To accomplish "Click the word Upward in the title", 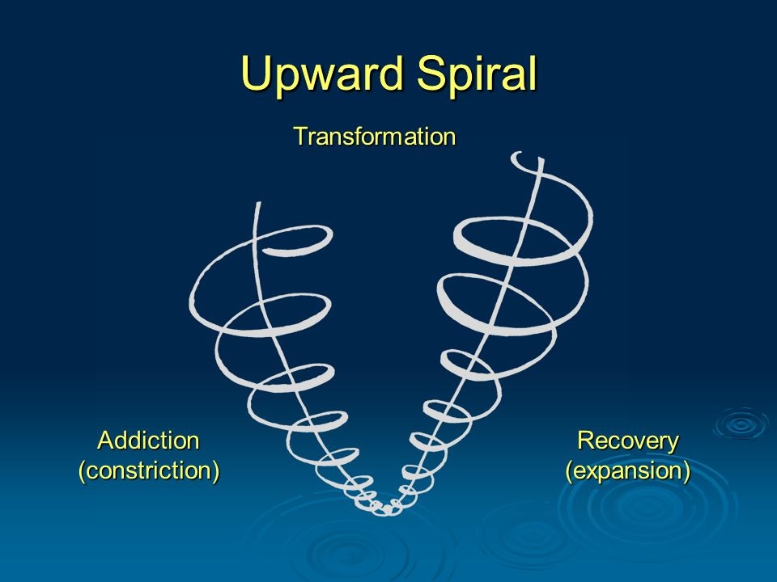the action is tap(323, 74).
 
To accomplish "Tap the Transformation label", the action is tap(375, 136).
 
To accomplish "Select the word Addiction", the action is tap(149, 440).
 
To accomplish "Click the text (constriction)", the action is tap(149, 470).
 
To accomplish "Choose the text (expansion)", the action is tap(628, 470).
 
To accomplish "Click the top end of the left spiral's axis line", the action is tap(257, 203).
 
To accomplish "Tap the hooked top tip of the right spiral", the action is tap(516, 155).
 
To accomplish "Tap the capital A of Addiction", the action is tap(105, 440).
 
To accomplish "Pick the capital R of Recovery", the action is tap(585, 440).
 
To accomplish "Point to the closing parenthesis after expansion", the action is tap(687, 471).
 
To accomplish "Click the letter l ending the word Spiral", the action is tap(534, 72).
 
